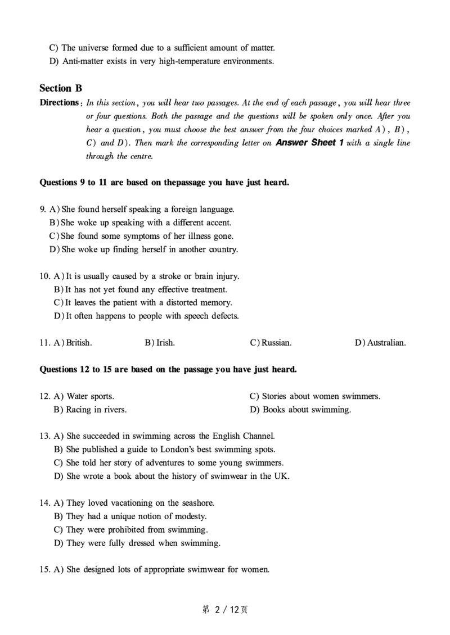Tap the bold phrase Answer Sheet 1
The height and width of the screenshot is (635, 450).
click(310, 143)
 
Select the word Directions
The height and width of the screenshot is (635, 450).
click(58, 103)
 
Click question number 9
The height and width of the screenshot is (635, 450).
click(43, 210)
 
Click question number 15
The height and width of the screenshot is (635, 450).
click(45, 570)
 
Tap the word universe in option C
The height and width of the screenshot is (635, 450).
click(94, 48)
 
